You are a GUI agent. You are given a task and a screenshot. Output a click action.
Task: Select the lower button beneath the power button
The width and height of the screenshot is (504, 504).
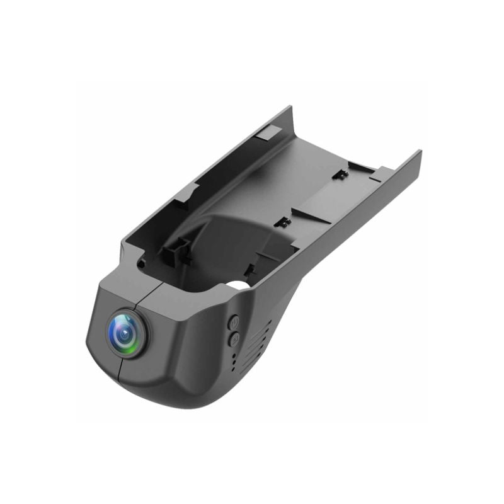[233, 339]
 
